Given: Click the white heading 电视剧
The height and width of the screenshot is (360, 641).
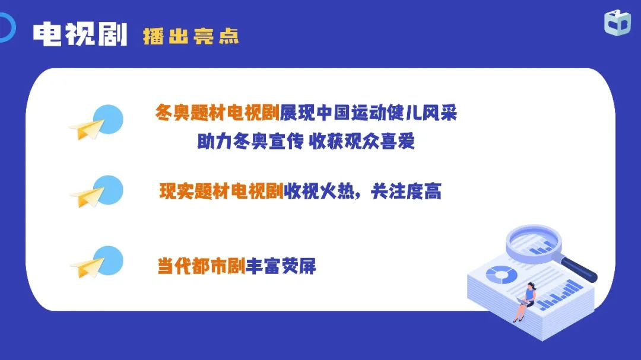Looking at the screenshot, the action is [80, 34].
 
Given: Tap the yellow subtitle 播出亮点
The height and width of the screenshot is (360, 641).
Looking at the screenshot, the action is [191, 36].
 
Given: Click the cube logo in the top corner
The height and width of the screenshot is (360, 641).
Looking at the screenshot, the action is [617, 23].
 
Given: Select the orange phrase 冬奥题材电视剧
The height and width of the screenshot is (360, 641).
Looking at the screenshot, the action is [217, 113].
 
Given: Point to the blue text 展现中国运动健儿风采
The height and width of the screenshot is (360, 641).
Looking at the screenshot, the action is [369, 113].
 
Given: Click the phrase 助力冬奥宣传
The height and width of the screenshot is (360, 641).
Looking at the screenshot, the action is [250, 141].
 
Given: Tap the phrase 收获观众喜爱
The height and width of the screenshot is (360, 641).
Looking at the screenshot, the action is [362, 141].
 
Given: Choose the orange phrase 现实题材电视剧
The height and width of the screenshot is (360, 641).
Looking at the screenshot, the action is [221, 191].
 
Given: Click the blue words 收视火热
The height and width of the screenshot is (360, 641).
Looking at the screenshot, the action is [319, 191].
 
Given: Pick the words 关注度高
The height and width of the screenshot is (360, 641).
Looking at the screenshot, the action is [407, 191].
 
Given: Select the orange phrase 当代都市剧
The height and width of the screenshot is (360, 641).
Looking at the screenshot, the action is [202, 266].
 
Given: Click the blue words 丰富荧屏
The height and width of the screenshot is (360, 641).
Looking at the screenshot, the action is [281, 266].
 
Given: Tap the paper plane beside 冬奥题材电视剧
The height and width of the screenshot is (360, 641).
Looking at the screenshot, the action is [87, 129].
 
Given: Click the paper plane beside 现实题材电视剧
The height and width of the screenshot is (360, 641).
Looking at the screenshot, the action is [87, 197].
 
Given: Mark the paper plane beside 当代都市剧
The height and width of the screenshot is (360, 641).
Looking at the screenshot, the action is [87, 267].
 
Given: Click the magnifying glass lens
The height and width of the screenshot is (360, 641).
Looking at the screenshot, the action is [534, 242].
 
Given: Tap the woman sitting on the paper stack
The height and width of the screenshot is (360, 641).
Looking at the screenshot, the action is [525, 301].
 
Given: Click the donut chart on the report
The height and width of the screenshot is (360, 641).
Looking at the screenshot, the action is [501, 274].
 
